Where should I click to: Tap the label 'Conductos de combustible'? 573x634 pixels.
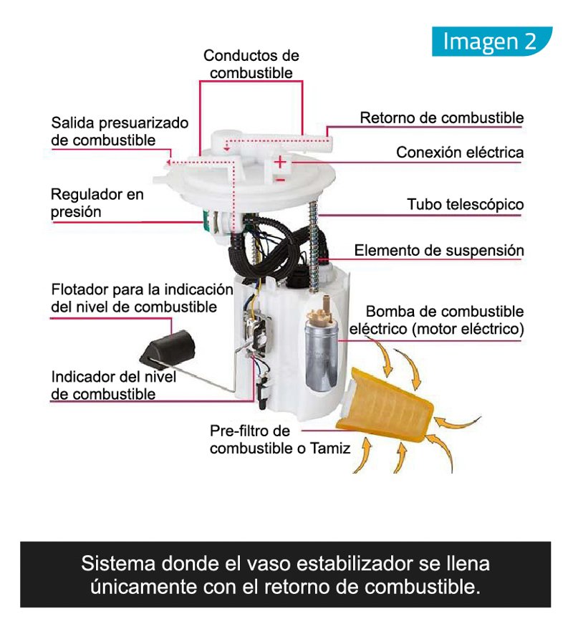pyautogui.click(x=251, y=64)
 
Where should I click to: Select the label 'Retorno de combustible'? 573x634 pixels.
pyautogui.click(x=441, y=117)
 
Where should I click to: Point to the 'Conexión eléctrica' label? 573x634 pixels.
pyautogui.click(x=460, y=153)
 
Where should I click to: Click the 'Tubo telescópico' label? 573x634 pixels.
pyautogui.click(x=466, y=204)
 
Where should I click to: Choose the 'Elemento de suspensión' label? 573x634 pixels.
pyautogui.click(x=439, y=251)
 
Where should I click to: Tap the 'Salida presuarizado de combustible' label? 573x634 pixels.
pyautogui.click(x=120, y=131)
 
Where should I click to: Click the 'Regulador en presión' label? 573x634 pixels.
pyautogui.click(x=97, y=203)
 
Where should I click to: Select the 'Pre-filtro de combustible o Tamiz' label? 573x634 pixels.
pyautogui.click(x=279, y=439)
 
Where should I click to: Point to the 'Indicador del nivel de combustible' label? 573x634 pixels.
pyautogui.click(x=113, y=385)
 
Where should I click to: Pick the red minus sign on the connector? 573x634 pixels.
pyautogui.click(x=281, y=180)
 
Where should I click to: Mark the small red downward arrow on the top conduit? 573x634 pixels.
pyautogui.click(x=227, y=147)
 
